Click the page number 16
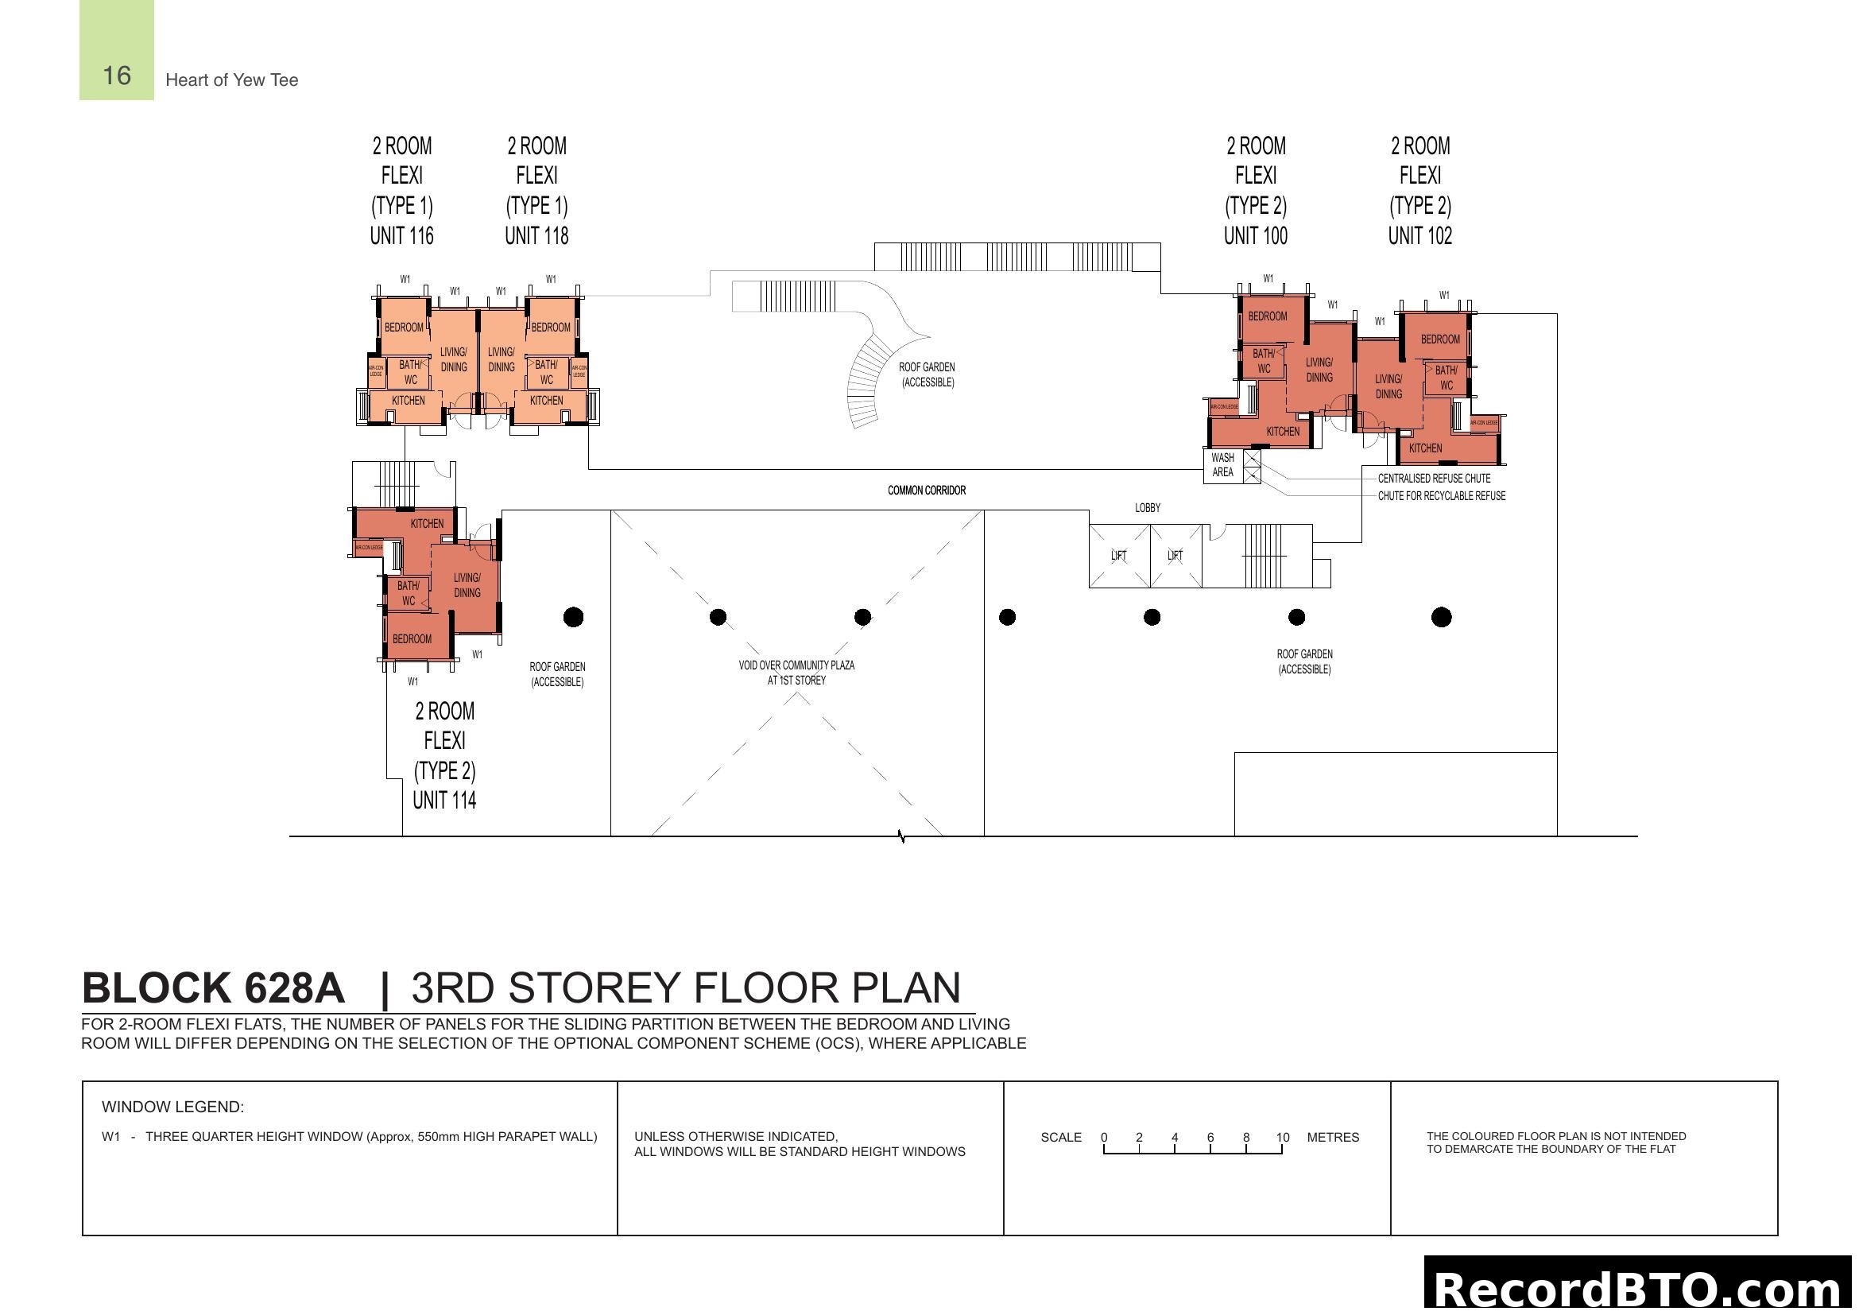117,76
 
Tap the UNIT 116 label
401,235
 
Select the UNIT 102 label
1419,235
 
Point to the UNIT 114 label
443,800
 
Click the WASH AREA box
1222,465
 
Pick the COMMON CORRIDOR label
926,490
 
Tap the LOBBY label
1148,508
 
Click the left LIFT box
1119,556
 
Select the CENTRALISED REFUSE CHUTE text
1434,479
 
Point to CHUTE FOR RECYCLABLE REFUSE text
1441,495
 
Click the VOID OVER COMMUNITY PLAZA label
796,672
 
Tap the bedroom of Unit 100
1267,316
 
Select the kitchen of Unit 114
427,524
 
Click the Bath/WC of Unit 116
409,372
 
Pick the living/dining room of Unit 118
502,359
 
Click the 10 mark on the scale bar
1283,1138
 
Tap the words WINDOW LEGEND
172,1107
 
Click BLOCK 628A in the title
214,988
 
